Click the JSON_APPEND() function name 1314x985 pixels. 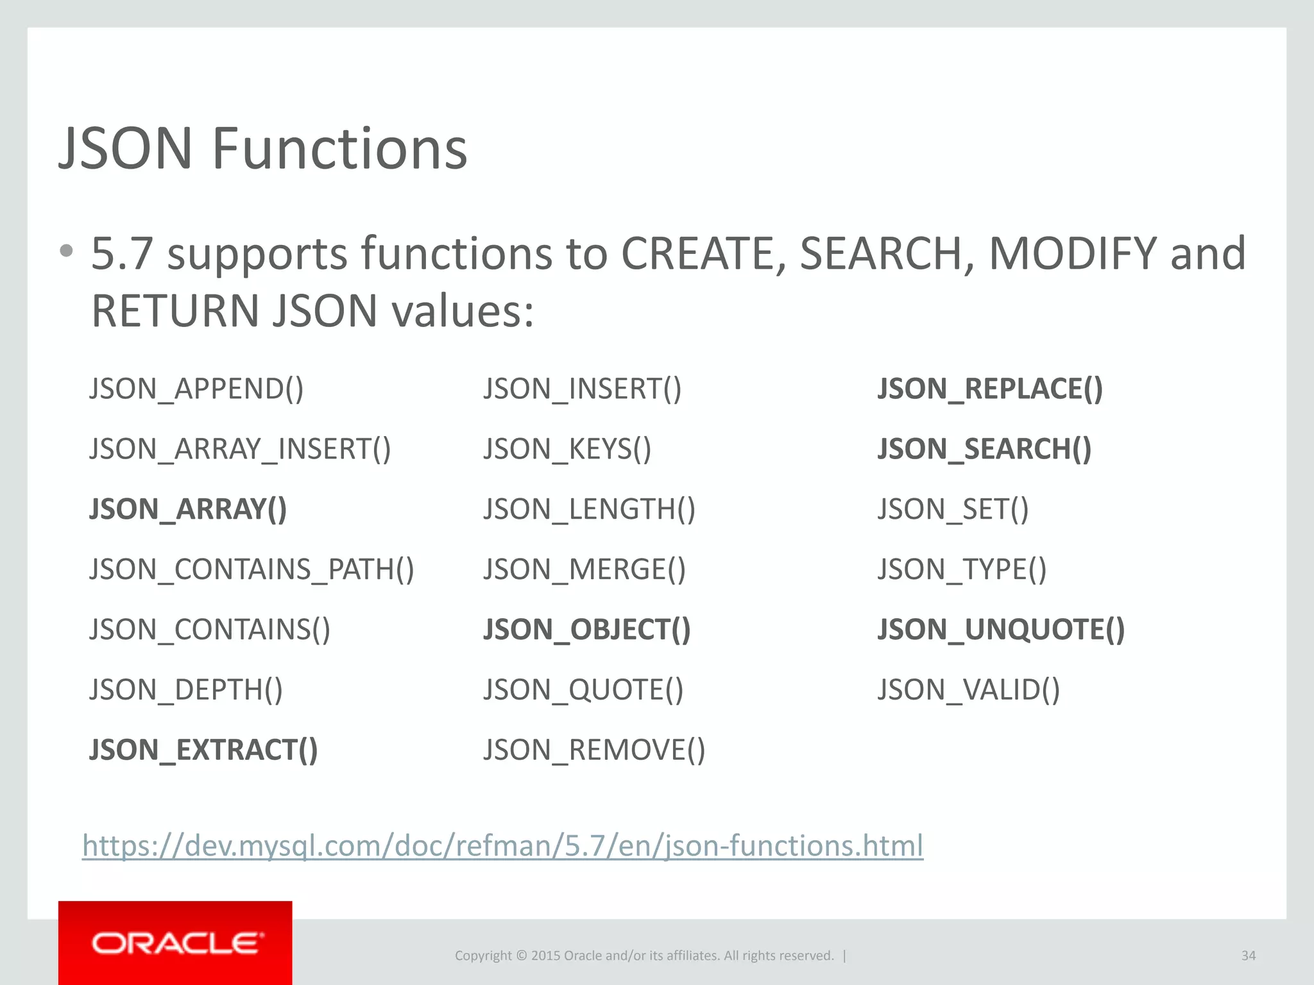coord(196,389)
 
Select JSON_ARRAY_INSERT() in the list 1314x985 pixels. coord(240,449)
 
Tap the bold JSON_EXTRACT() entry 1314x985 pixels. coord(203,750)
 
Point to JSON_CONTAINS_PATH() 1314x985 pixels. coord(252,569)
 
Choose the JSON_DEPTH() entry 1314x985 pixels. coord(186,690)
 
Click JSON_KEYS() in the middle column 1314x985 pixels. coord(567,449)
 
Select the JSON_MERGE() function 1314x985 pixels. coord(584,569)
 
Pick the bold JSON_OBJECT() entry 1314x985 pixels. coord(586,630)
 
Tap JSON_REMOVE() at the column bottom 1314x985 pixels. coord(594,750)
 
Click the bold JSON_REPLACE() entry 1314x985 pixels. coord(990,389)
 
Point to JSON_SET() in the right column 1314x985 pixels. coord(953,509)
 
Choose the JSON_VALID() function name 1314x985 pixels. coord(968,690)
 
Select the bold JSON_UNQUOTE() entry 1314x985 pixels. coord(1001,630)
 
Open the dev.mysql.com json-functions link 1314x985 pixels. coord(502,845)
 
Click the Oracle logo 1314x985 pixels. coord(175,943)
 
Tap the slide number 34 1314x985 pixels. coord(1248,956)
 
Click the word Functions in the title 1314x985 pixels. coord(339,149)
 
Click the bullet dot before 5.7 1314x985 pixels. coord(66,251)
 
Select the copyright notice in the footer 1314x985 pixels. coord(644,956)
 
